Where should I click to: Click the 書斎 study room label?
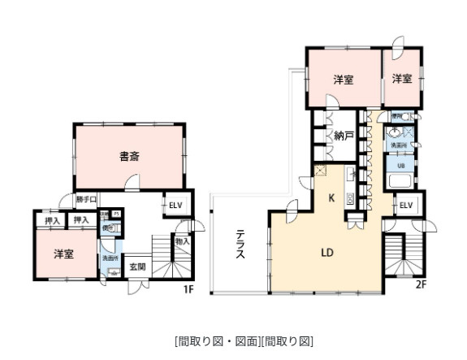tap(129, 155)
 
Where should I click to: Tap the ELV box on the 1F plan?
tap(175, 204)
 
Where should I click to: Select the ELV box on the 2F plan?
tap(406, 206)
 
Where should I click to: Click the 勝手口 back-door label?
tap(86, 199)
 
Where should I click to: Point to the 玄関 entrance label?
tap(137, 267)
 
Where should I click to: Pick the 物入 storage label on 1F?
tap(181, 241)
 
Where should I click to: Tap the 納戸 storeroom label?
tap(344, 136)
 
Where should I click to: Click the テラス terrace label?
tap(241, 245)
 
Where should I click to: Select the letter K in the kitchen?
tap(331, 197)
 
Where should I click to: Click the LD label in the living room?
tap(327, 252)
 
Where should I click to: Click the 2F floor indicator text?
tap(421, 284)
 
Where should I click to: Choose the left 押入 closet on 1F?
tap(48, 219)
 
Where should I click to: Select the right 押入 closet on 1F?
tap(80, 219)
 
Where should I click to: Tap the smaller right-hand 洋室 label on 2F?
tap(402, 79)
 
